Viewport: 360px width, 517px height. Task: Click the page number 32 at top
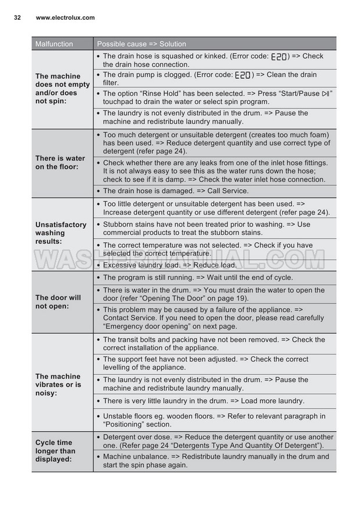pyautogui.click(x=17, y=18)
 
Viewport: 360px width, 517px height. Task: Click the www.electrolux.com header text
pyautogui.click(x=65, y=18)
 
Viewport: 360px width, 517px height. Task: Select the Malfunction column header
pyautogui.click(x=54, y=44)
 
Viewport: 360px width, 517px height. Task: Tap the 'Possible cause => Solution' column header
pyautogui.click(x=142, y=44)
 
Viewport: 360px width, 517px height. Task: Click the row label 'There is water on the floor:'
pyautogui.click(x=60, y=162)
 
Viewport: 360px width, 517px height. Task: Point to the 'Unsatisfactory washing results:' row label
pyautogui.click(x=60, y=233)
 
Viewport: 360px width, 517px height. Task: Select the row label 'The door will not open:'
pyautogui.click(x=58, y=302)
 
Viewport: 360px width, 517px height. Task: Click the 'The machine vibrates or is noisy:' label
pyautogui.click(x=58, y=385)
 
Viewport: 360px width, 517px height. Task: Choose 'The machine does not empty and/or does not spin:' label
pyautogui.click(x=62, y=89)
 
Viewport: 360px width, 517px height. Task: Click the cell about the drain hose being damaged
pyautogui.click(x=175, y=191)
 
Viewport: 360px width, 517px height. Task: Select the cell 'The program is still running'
pyautogui.click(x=197, y=277)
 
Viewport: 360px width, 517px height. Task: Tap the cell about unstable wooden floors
pyautogui.click(x=214, y=420)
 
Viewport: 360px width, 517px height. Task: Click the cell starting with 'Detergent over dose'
pyautogui.click(x=218, y=441)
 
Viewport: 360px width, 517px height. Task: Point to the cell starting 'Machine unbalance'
pyautogui.click(x=215, y=461)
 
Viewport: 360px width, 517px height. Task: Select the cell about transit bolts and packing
pyautogui.click(x=214, y=344)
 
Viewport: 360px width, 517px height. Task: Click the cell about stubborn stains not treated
pyautogui.click(x=206, y=229)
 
